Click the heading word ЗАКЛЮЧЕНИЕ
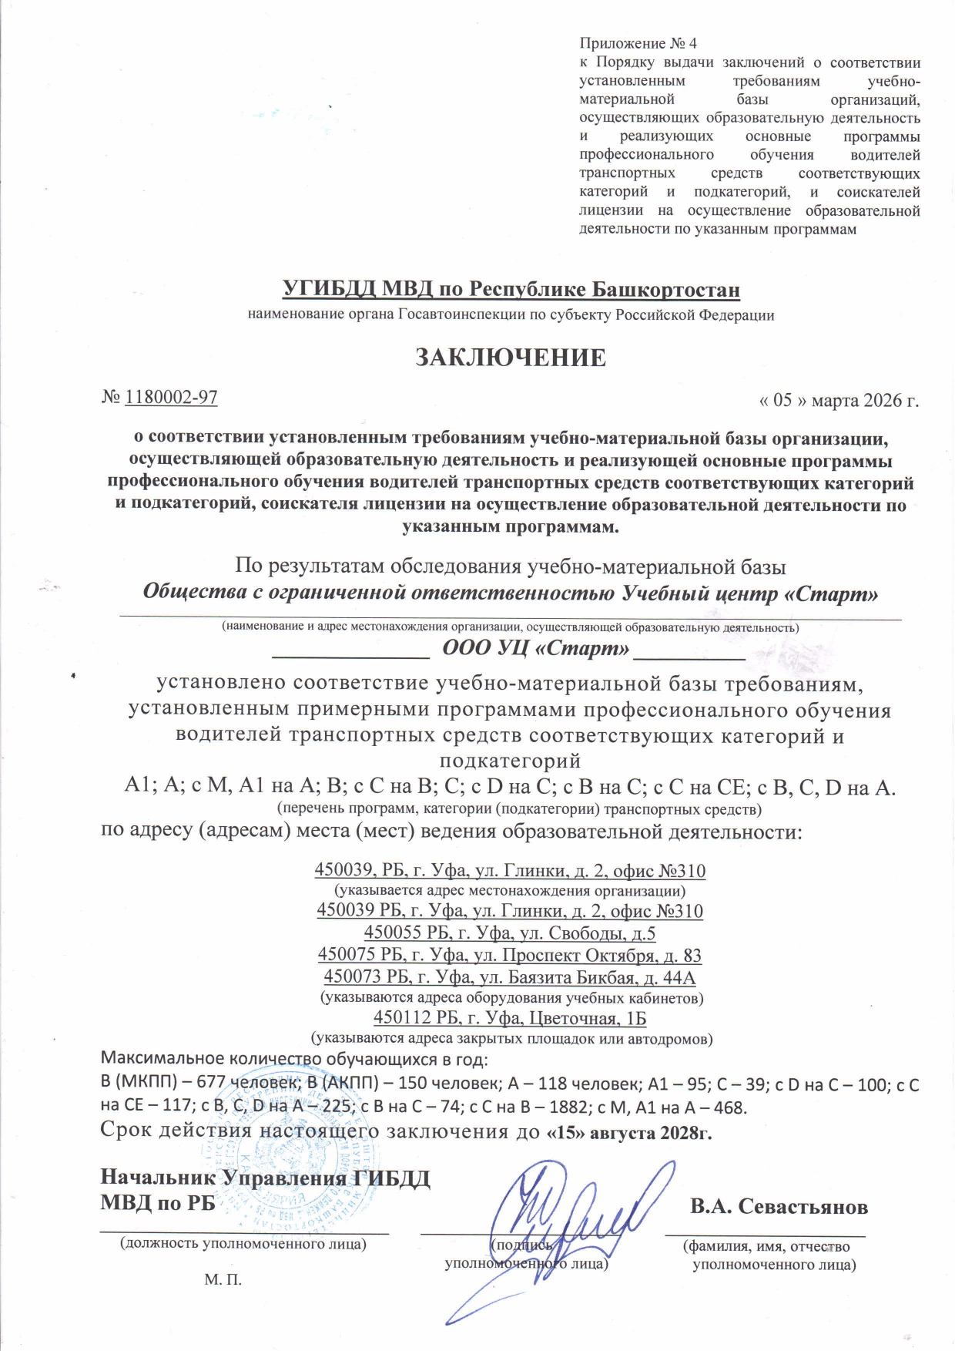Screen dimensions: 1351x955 [x=511, y=358]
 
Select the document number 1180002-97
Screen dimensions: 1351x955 [x=171, y=398]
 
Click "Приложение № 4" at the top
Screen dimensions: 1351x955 [x=638, y=44]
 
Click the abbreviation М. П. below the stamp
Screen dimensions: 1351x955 [x=223, y=1280]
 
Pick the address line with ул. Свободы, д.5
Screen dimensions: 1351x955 [x=510, y=933]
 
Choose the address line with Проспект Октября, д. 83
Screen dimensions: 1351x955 [x=510, y=956]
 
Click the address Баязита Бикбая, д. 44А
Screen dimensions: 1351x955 [x=510, y=978]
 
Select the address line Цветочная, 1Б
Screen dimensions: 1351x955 [x=510, y=1018]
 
